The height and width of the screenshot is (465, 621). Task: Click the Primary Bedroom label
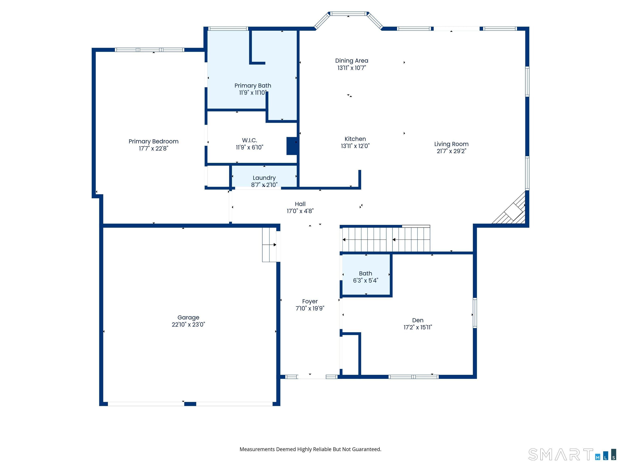154,141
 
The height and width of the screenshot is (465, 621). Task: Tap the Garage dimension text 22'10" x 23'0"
188,325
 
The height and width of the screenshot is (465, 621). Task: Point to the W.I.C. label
250,140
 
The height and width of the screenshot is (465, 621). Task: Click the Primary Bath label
253,86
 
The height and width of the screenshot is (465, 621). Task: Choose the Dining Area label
352,61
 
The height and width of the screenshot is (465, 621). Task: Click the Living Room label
451,144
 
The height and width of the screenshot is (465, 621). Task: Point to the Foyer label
310,301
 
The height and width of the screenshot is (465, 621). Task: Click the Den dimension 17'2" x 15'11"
418,327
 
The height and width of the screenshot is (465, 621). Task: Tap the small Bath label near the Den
365,273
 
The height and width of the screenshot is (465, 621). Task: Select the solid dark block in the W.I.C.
292,146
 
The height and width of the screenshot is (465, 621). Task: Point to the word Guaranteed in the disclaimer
366,449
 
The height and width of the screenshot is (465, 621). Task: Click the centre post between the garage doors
190,404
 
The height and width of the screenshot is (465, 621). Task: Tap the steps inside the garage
269,245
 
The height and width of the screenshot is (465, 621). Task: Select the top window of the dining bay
348,14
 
